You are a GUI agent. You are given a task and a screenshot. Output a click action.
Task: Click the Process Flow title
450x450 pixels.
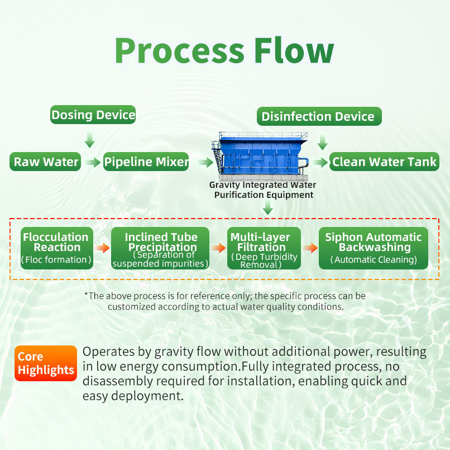[224, 51]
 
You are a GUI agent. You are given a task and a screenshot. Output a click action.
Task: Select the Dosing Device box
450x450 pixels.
[93, 116]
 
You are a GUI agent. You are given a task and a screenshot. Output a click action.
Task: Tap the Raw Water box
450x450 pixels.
[46, 162]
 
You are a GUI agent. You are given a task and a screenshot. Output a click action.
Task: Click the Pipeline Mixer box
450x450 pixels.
[146, 162]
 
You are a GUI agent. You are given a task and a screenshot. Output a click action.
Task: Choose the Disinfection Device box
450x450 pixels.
[318, 117]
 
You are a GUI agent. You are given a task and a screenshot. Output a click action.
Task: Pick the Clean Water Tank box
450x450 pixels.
[385, 162]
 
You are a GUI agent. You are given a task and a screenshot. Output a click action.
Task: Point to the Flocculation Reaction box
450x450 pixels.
[56, 248]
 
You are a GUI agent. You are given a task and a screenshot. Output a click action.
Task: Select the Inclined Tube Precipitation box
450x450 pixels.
[161, 248]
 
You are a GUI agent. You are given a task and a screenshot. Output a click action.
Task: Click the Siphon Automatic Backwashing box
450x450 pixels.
[374, 248]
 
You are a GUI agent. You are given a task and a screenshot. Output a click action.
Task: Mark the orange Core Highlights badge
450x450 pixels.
[46, 363]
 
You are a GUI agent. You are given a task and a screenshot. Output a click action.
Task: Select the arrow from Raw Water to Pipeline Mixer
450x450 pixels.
[93, 162]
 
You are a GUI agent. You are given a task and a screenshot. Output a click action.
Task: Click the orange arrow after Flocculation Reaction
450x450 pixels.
[102, 248]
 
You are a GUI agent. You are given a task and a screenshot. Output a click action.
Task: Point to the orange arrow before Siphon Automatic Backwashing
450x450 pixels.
[309, 248]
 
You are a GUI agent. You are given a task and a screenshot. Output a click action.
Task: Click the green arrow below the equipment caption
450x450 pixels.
[268, 209]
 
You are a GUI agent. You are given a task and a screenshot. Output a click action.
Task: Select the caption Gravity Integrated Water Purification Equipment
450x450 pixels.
[262, 190]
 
